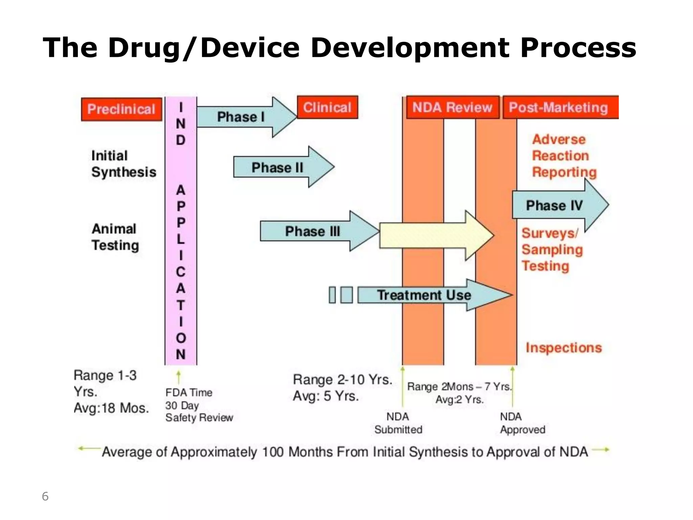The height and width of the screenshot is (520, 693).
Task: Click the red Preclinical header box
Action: (121, 109)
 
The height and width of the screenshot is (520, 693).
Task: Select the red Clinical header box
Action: (327, 107)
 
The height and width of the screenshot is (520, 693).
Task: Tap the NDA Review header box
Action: (452, 107)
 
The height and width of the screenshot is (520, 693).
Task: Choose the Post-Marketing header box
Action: (560, 107)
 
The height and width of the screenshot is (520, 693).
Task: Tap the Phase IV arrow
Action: (555, 205)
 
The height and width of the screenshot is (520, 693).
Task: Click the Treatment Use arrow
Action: (424, 295)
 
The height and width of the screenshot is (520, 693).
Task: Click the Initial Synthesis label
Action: (124, 164)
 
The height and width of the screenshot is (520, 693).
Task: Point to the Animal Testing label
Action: (115, 237)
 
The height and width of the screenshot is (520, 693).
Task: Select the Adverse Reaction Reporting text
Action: (563, 156)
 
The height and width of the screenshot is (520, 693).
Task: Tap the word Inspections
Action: (564, 348)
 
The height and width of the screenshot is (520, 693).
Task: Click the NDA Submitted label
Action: (398, 423)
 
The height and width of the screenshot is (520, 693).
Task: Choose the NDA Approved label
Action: (522, 423)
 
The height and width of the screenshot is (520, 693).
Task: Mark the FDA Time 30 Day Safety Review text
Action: (199, 405)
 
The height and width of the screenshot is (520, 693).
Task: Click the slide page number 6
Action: (45, 496)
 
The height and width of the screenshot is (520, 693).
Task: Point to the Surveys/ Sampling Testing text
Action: (552, 250)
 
